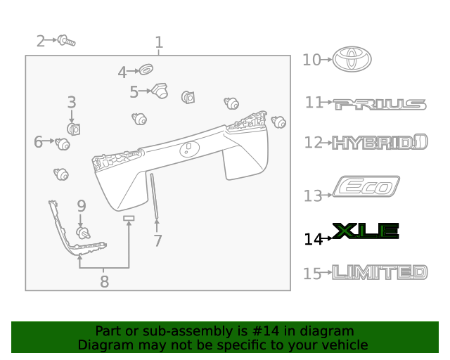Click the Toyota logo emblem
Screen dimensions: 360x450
pyautogui.click(x=352, y=60)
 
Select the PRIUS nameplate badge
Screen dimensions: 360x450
pyautogui.click(x=380, y=105)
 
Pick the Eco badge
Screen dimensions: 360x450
pyautogui.click(x=366, y=188)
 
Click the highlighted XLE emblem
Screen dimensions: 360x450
pyautogui.click(x=366, y=231)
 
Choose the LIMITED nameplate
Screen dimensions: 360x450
pyautogui.click(x=380, y=272)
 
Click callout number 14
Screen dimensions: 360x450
pyautogui.click(x=313, y=239)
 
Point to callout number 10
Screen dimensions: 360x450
pyautogui.click(x=311, y=60)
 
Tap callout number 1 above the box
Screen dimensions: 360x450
pyautogui.click(x=159, y=42)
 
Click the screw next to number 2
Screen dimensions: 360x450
pyautogui.click(x=67, y=41)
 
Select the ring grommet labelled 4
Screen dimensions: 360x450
pyautogui.click(x=146, y=70)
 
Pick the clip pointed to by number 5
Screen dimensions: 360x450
pyautogui.click(x=160, y=91)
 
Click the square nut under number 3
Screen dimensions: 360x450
pyautogui.click(x=73, y=129)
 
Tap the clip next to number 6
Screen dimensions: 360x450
pyautogui.click(x=63, y=144)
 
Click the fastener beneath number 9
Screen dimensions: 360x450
pyautogui.click(x=83, y=233)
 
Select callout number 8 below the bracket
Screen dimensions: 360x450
pyautogui.click(x=104, y=282)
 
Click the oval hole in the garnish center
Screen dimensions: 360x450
pyautogui.click(x=188, y=148)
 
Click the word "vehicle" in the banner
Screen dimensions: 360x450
pyautogui.click(x=342, y=345)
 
